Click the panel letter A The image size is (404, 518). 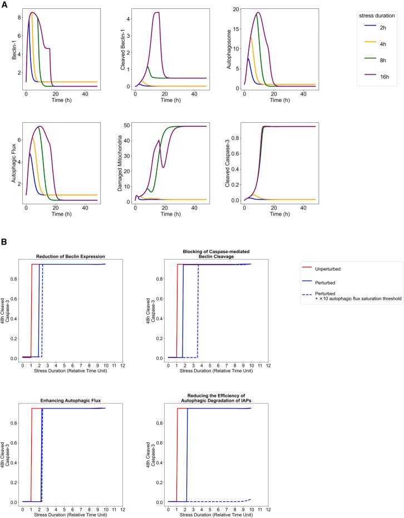tap(4, 4)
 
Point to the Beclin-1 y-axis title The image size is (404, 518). tap(6, 48)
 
